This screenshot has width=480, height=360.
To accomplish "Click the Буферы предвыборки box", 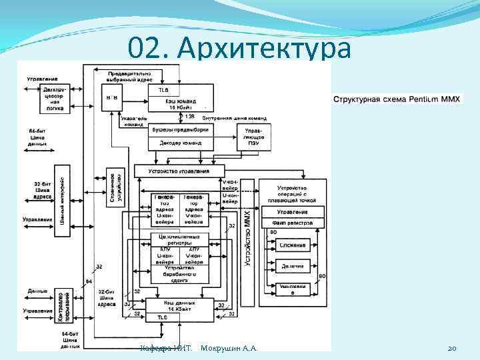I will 181,129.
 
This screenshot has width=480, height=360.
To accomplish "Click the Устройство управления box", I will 181,171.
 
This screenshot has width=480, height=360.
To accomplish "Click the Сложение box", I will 293,245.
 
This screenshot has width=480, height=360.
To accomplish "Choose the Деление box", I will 293,266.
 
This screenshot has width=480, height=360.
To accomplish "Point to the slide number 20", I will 451,348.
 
